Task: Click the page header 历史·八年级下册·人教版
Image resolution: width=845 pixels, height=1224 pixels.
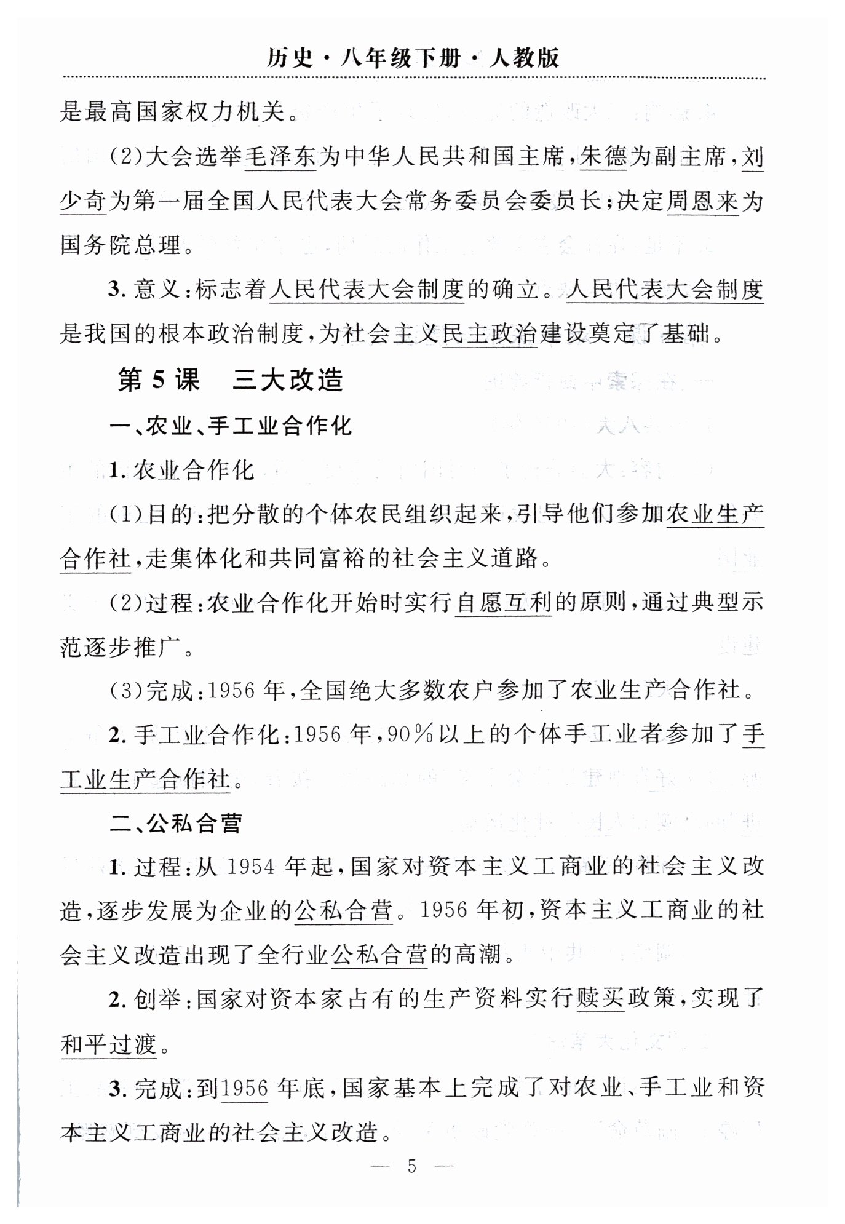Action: click(413, 58)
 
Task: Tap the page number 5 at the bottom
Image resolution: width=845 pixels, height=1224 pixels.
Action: click(412, 1165)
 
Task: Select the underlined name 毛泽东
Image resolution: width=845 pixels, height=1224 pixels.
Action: click(280, 158)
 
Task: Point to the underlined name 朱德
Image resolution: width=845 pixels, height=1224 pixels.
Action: click(603, 158)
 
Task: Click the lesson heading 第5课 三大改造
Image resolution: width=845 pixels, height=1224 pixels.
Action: click(230, 380)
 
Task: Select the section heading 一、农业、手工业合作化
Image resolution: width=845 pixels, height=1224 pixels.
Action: click(231, 425)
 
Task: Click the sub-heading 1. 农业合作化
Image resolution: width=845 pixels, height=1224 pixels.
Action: click(182, 470)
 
